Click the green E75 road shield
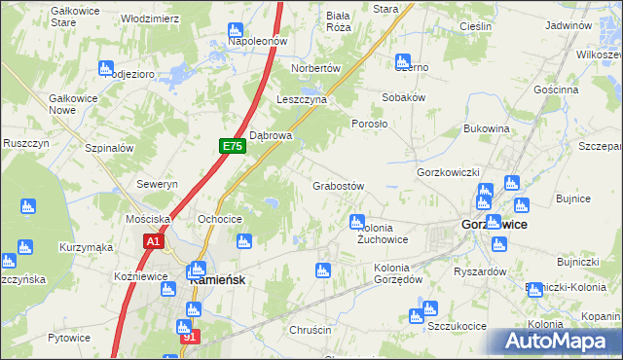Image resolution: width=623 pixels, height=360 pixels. coord(231,146)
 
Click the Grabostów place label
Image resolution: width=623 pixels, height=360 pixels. coord(338,186)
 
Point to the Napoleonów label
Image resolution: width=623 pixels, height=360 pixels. coord(257,42)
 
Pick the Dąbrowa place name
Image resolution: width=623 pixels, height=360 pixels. coord(272,136)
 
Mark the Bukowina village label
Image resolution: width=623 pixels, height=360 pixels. coord(488,128)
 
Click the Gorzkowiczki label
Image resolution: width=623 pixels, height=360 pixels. coord(449,172)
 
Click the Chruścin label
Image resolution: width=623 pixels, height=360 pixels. coord(311,330)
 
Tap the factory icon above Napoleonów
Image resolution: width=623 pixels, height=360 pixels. coord(238,25)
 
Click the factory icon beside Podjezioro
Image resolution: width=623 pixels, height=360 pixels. coord(105,68)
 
